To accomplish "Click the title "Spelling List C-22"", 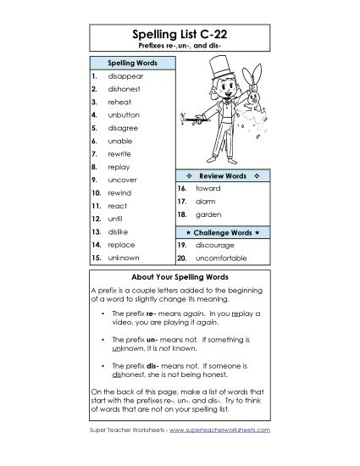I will (x=180, y=35).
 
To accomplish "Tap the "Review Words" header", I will (x=221, y=174).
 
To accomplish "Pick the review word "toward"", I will (x=208, y=187).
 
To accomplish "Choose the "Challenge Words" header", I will (x=221, y=230).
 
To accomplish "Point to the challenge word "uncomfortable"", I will (x=224, y=257).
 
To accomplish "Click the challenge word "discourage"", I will (x=216, y=244).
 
